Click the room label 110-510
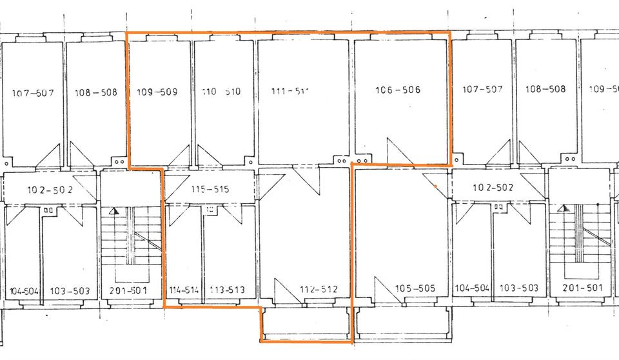point(221,92)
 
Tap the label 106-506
point(397,90)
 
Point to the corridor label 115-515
point(210,190)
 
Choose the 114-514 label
point(184,290)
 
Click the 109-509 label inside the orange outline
point(157,92)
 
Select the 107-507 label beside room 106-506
point(483,89)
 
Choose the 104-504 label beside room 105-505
point(473,288)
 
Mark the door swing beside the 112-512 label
point(284,292)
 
